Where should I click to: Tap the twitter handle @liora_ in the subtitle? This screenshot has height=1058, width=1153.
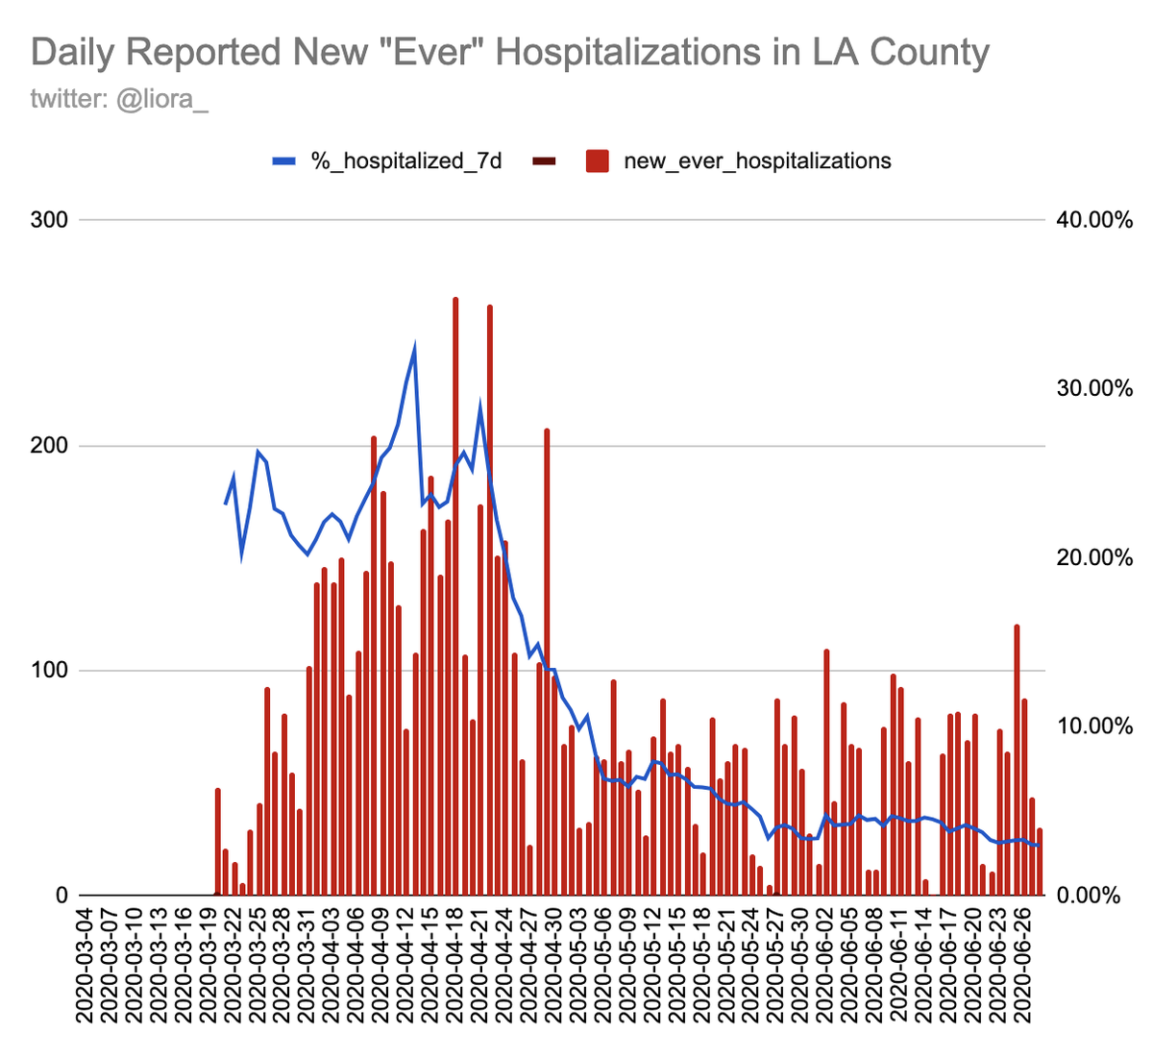[x=162, y=98]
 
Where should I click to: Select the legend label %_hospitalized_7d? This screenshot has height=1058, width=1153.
[x=406, y=160]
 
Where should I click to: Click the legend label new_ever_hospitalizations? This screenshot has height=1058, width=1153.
[x=757, y=160]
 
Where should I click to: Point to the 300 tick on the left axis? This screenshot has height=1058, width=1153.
[x=50, y=220]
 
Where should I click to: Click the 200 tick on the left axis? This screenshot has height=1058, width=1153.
[x=50, y=446]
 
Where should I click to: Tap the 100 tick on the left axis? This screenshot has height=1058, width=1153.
[x=50, y=671]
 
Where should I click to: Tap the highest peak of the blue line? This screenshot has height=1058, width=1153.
[x=415, y=348]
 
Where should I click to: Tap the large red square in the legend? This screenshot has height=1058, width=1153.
[x=598, y=160]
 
